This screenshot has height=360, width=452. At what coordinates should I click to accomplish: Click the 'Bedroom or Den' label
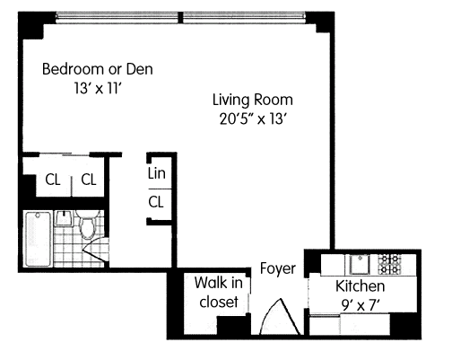(x=98, y=69)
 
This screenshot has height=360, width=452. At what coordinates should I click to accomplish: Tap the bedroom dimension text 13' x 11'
(x=98, y=88)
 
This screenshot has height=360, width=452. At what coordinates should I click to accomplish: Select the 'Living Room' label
(x=253, y=100)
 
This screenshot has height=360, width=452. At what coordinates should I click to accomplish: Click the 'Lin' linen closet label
(x=156, y=173)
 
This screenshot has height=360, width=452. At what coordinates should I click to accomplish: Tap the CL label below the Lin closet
(x=156, y=202)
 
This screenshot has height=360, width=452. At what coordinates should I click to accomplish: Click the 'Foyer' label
(x=278, y=268)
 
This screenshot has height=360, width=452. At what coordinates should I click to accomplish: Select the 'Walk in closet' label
(x=219, y=292)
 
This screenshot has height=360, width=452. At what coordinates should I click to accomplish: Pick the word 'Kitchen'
(x=361, y=285)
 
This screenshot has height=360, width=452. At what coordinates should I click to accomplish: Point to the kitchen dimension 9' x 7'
(x=361, y=305)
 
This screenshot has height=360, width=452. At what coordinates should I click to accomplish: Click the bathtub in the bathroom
(x=38, y=239)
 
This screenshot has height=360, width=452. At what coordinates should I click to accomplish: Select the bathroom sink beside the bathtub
(x=64, y=218)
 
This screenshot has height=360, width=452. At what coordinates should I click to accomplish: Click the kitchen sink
(x=360, y=264)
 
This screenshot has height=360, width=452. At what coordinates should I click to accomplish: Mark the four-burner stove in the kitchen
(x=389, y=264)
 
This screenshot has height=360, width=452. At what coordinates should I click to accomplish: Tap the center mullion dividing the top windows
(x=180, y=17)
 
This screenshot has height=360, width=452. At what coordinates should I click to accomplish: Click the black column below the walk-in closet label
(x=233, y=325)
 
